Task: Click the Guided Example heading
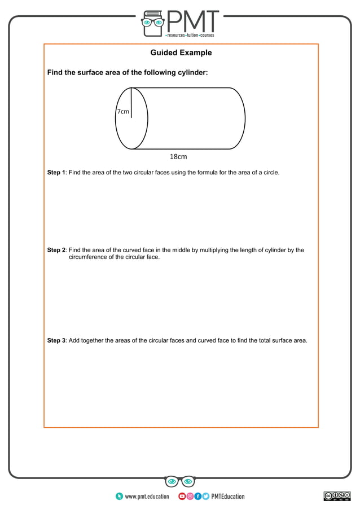point(181,53)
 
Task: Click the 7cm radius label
point(122,112)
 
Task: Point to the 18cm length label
point(178,156)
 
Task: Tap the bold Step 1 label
point(56,172)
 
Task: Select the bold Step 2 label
point(56,250)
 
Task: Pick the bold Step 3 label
point(56,340)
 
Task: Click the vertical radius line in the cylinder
point(131,103)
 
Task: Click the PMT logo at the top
point(180,23)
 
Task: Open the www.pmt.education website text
point(147,497)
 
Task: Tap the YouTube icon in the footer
point(182,497)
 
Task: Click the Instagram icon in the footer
point(190,497)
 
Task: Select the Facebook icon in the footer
point(197,497)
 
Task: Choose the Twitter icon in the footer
point(205,497)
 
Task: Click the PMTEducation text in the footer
point(228,497)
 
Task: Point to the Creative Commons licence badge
point(337,496)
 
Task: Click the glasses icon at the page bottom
point(180,481)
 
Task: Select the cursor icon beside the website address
point(119,497)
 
